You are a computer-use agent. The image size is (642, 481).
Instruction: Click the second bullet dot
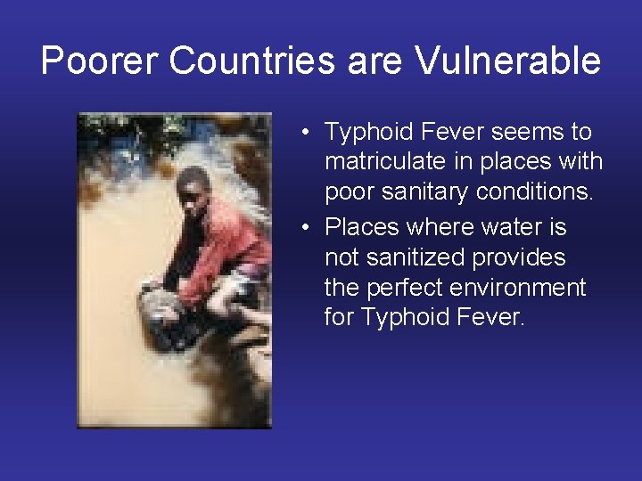(305, 228)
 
